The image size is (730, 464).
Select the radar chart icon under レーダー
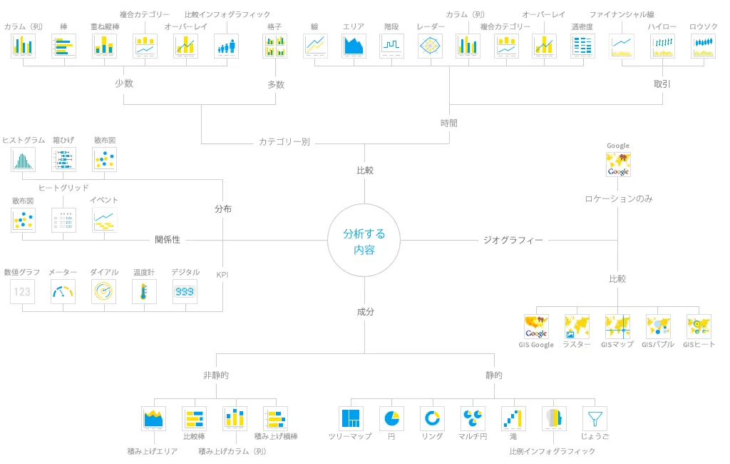click(x=430, y=46)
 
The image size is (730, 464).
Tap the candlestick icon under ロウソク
click(x=703, y=46)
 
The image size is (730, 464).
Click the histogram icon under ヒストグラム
click(x=23, y=159)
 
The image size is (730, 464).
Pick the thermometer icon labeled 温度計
click(x=144, y=291)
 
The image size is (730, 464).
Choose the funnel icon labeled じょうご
click(x=595, y=418)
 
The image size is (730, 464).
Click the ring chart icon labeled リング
click(x=431, y=418)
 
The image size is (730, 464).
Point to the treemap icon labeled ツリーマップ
click(x=350, y=418)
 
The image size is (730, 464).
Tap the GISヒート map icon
click(x=699, y=326)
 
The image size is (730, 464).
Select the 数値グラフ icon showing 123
click(x=23, y=291)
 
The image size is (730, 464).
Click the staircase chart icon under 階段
click(x=391, y=46)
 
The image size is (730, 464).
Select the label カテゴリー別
click(x=284, y=142)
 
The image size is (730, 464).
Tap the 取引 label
click(x=662, y=84)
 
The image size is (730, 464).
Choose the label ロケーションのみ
click(x=618, y=199)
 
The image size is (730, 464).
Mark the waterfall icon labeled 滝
click(x=513, y=418)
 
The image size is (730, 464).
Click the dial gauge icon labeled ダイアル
click(x=104, y=291)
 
